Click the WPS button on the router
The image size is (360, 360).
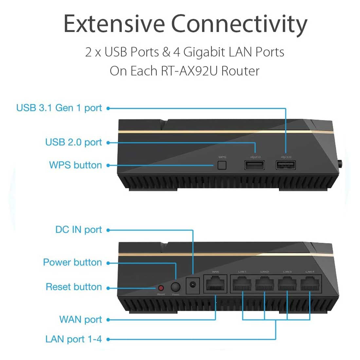click(222, 165)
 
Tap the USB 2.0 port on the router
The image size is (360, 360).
click(254, 165)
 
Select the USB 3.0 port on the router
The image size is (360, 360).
click(286, 165)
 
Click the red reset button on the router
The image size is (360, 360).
click(161, 288)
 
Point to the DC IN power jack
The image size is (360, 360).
click(192, 285)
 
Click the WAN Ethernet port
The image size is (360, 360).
click(215, 284)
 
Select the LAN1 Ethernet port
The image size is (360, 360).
click(242, 284)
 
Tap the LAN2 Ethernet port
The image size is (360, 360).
click(264, 284)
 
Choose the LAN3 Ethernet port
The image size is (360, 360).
click(287, 284)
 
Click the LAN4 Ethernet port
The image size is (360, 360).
click(310, 284)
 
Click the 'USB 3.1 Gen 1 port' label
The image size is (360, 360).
click(59, 108)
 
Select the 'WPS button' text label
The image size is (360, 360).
click(75, 165)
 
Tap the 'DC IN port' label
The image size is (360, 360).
click(79, 230)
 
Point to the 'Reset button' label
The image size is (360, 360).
click(74, 287)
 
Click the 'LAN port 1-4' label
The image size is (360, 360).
click(74, 339)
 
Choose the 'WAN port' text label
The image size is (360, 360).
click(81, 319)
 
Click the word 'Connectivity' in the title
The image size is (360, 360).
click(239, 24)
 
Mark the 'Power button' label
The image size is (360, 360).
click(72, 262)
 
